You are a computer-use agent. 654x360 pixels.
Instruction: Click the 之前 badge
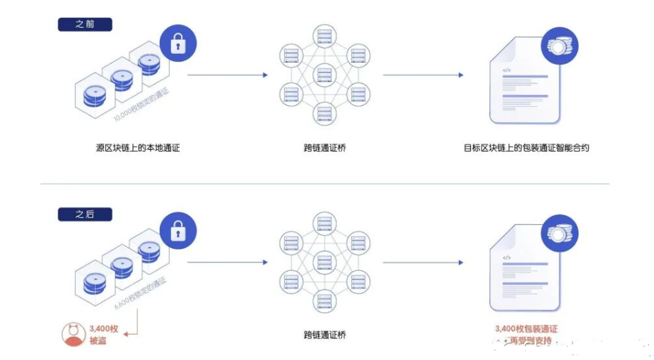click(85, 24)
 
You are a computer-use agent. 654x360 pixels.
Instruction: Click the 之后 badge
click(85, 214)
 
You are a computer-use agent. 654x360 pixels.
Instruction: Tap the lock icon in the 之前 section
click(178, 43)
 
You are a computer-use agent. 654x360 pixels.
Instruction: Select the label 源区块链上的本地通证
click(138, 148)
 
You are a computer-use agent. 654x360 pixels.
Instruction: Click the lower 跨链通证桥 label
click(324, 335)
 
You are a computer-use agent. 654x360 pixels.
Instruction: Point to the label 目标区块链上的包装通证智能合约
click(527, 148)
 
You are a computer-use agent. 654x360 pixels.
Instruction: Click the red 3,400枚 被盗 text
click(103, 334)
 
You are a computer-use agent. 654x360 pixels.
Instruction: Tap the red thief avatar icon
click(74, 334)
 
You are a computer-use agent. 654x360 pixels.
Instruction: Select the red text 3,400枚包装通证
click(526, 329)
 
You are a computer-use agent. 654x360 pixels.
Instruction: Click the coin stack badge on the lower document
click(560, 234)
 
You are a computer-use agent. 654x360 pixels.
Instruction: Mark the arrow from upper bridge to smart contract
click(423, 75)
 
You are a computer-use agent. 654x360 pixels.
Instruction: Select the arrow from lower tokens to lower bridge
click(227, 263)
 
